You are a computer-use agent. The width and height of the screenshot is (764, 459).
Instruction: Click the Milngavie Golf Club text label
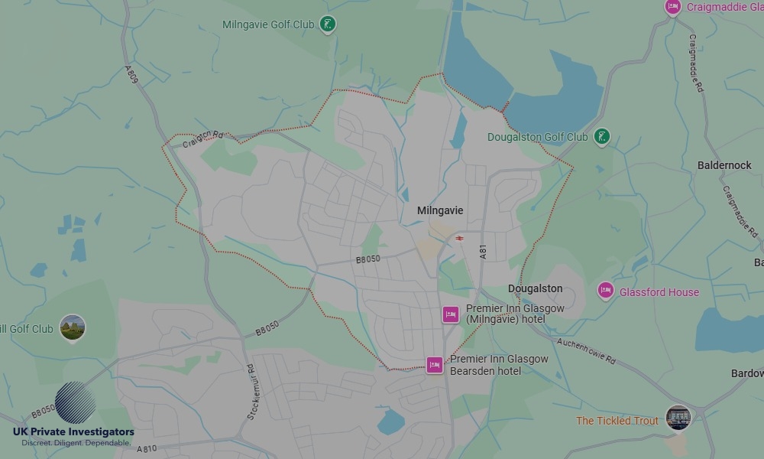(x=268, y=24)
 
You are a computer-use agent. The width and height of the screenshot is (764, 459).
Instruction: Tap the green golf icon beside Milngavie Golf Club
(x=328, y=24)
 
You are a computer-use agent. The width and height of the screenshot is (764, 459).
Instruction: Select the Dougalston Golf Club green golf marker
(x=602, y=137)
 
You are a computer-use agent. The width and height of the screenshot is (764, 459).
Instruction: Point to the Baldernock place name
(x=724, y=165)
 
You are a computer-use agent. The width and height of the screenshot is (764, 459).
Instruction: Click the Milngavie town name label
(x=440, y=210)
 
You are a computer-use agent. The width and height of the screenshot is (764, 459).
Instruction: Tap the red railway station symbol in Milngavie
(x=459, y=238)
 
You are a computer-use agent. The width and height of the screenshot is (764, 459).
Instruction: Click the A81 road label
(x=484, y=254)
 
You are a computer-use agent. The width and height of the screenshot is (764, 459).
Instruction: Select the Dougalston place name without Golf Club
(x=535, y=288)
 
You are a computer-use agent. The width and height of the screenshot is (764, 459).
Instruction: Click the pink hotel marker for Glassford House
(x=606, y=291)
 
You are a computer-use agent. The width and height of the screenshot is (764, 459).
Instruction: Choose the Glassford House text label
(x=659, y=292)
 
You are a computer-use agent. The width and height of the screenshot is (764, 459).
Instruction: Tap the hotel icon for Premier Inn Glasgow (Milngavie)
(x=451, y=314)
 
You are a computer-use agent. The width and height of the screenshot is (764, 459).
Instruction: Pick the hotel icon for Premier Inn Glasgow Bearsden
(x=435, y=365)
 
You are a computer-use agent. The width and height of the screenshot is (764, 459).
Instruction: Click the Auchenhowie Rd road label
(x=586, y=350)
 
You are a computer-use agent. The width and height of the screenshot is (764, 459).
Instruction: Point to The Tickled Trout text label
(x=617, y=421)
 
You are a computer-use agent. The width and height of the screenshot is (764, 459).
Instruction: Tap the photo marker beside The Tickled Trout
(x=678, y=418)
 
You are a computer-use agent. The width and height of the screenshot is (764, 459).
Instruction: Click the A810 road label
(x=147, y=448)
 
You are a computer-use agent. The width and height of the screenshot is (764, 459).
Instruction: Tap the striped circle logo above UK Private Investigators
(x=75, y=402)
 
